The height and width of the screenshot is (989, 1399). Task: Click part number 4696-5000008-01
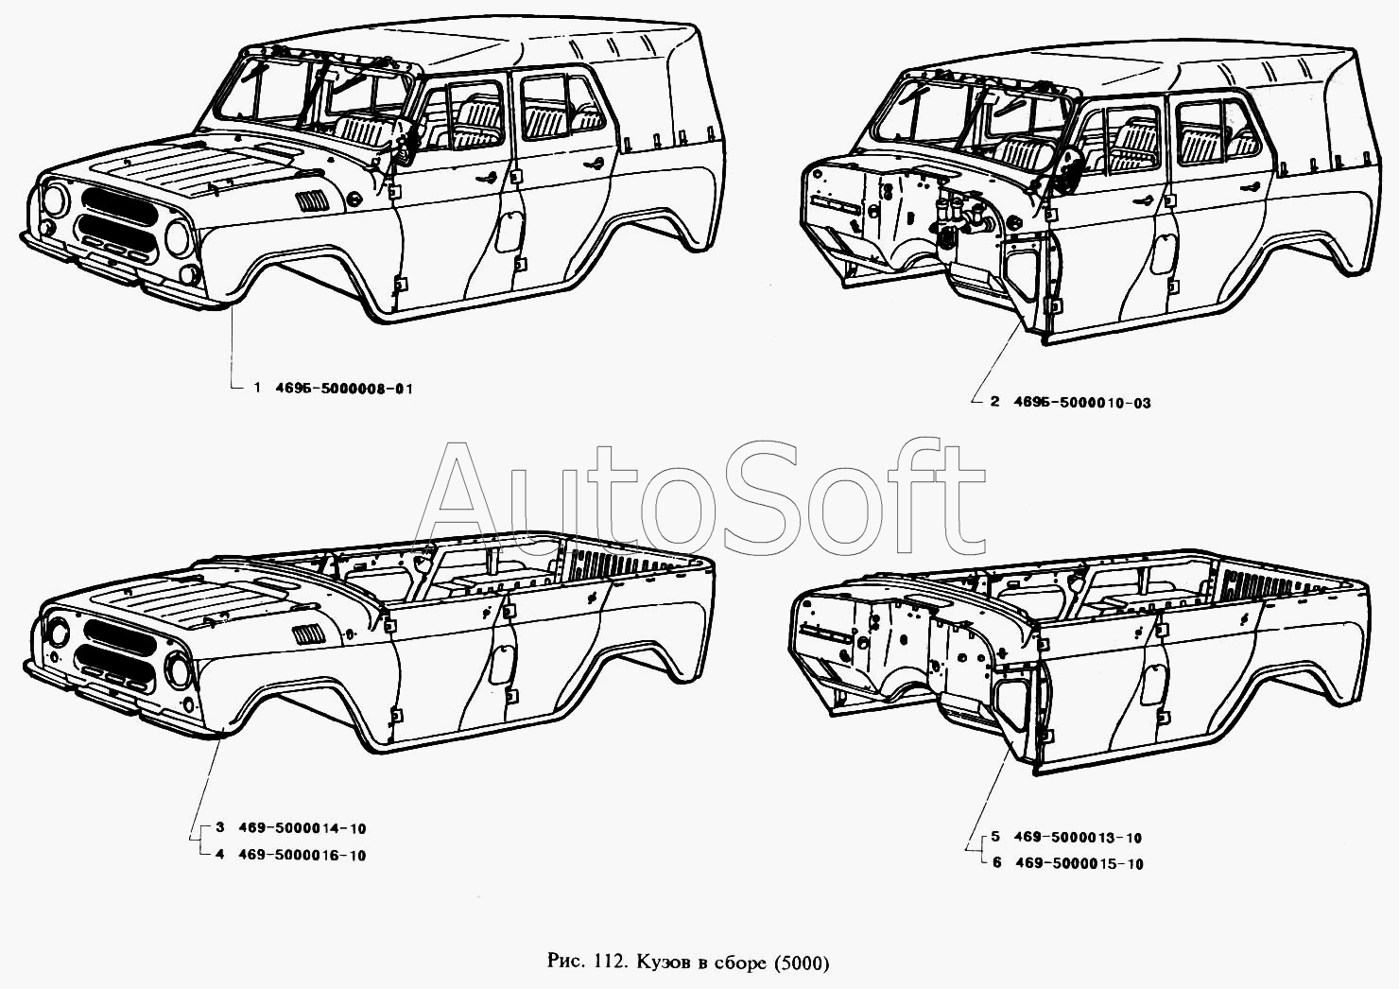coord(344,389)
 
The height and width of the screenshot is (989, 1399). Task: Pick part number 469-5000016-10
coord(302,856)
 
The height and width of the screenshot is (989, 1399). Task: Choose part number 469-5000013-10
coord(1078,838)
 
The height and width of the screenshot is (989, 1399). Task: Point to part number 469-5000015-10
coord(1078,864)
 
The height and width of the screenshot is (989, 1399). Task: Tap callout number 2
coord(994,403)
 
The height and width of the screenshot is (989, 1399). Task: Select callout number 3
coord(219,828)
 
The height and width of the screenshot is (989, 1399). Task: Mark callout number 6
coord(996,864)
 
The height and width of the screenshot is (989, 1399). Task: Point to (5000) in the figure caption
coord(801,963)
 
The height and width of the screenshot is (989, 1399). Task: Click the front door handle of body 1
coord(486,178)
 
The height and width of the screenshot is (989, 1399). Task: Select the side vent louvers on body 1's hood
coord(311,201)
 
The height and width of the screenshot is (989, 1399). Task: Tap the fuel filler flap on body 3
coord(501,663)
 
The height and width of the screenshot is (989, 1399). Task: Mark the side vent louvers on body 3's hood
coord(310,633)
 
